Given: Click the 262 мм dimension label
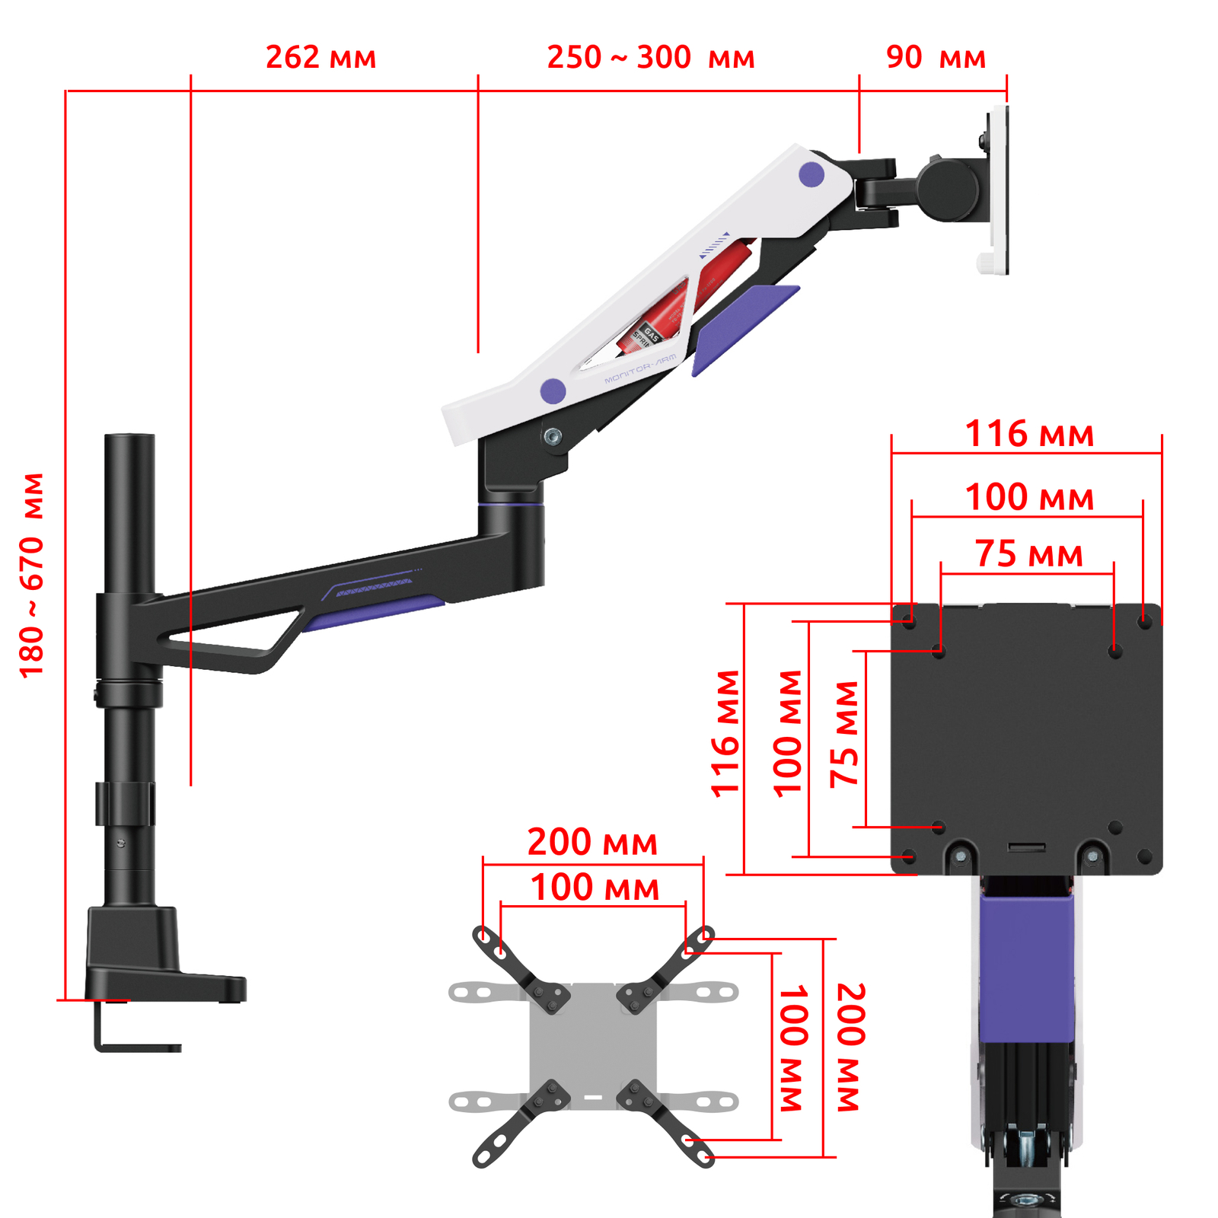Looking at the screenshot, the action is click(320, 58).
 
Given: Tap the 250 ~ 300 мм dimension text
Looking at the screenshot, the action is click(651, 58).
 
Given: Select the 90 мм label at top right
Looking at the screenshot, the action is click(936, 58).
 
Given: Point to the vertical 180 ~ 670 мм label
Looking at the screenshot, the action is click(32, 575).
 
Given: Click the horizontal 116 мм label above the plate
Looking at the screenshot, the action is click(1029, 434).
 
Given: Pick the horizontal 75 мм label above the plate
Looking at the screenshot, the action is click(1029, 554).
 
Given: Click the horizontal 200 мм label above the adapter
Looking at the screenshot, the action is click(592, 842).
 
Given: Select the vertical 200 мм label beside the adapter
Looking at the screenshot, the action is click(851, 1047).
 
